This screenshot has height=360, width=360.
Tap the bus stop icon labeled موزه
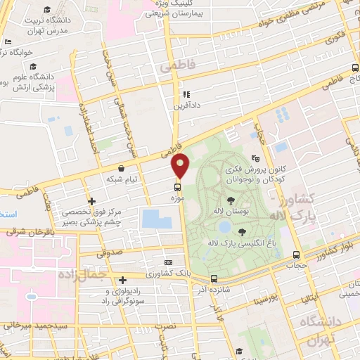[176, 188]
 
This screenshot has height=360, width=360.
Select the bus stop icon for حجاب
[297, 255]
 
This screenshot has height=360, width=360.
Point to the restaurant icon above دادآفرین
[186, 94]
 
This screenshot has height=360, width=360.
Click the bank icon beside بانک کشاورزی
[167, 261]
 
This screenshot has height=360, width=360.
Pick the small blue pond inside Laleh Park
[223, 228]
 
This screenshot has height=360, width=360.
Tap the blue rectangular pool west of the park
[155, 217]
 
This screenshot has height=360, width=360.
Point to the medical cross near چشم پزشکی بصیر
[91, 201]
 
